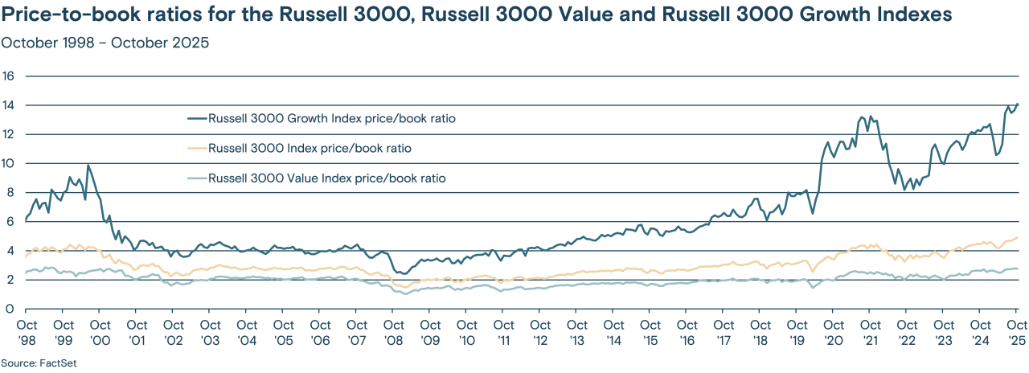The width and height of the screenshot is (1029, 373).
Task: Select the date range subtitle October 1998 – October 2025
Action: point(105,43)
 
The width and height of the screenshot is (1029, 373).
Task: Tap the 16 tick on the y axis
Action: point(10,76)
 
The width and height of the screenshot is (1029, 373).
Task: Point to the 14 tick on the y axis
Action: point(10,105)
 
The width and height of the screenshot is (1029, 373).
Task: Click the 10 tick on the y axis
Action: point(10,163)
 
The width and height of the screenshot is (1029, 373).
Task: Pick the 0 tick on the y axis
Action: point(10,309)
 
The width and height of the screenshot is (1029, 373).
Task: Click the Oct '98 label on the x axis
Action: point(27,331)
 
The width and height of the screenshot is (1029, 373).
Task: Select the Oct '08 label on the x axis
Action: point(393,331)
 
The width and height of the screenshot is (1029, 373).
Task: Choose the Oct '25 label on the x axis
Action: point(1017,331)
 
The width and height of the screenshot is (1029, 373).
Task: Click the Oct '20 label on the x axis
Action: point(834,331)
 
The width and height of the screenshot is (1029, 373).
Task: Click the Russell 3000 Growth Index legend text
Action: point(333,119)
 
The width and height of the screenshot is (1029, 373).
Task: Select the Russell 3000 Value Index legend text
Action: point(326,178)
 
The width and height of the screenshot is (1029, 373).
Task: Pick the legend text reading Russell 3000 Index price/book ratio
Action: point(314,149)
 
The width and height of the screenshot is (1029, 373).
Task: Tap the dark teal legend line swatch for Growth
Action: point(195,119)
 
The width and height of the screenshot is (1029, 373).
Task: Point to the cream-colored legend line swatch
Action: point(195,149)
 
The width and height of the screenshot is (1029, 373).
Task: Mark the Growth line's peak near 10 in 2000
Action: point(88,165)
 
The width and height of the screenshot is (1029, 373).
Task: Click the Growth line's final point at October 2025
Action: point(1018,104)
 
